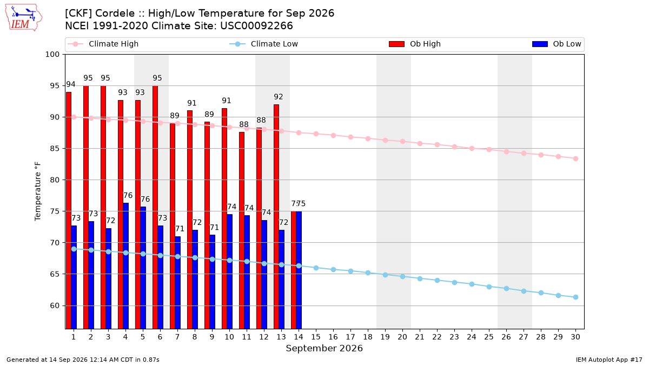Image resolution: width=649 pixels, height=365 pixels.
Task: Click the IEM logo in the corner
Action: pos(24,17)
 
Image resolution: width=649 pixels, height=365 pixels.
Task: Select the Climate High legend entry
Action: pos(103,44)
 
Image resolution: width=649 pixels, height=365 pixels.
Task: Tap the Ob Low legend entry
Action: pos(557,44)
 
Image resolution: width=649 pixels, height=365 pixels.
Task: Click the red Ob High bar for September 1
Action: pos(69,210)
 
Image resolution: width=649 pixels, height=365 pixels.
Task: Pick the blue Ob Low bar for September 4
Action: pos(125,266)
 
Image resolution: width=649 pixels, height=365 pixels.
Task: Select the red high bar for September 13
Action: pos(276,217)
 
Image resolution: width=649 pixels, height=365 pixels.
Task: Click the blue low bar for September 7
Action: pos(177,283)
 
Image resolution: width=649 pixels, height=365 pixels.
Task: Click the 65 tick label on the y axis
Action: pos(55,274)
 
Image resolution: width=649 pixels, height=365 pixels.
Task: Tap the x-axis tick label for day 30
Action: pos(575,337)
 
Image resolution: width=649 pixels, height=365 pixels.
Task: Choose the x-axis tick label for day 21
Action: pos(420,337)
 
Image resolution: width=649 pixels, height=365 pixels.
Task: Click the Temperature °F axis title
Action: pos(38,191)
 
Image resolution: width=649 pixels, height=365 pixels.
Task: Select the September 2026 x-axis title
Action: pos(324,348)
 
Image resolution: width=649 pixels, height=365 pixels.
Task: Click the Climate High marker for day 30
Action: pos(575,159)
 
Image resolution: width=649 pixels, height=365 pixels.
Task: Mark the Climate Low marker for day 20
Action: pos(403,277)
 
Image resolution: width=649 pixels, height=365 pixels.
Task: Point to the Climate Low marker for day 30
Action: pos(575,297)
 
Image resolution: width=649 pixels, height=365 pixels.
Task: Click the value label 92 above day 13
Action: pos(279,97)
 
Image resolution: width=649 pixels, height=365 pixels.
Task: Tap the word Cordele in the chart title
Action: pos(115,14)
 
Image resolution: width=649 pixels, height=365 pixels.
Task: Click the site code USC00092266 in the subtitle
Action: pos(256,26)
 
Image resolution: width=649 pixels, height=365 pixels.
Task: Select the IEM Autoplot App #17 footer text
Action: pos(609,360)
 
